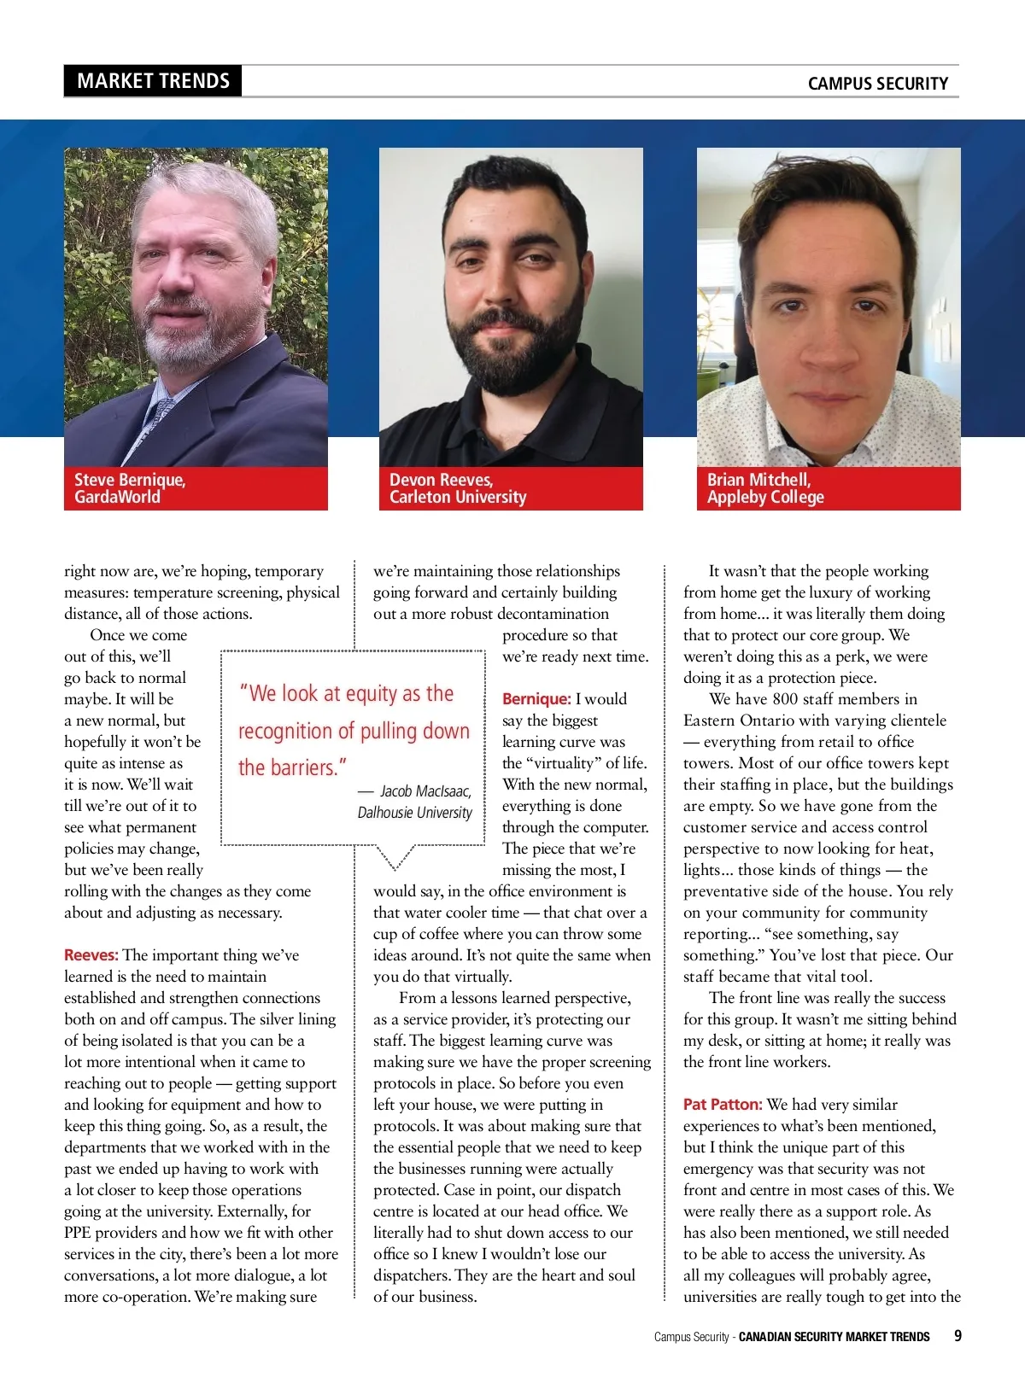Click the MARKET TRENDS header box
(x=153, y=81)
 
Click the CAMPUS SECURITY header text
(x=877, y=84)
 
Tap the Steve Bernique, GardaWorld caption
(x=129, y=488)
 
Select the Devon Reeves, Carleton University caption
(x=457, y=488)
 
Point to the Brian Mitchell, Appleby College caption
(x=765, y=488)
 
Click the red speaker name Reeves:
(x=91, y=955)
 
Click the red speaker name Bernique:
(x=536, y=699)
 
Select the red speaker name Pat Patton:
(x=723, y=1105)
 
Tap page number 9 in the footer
(x=958, y=1336)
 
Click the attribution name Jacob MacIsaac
(x=425, y=791)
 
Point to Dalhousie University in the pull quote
(x=414, y=813)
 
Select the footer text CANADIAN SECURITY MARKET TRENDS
(x=834, y=1337)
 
